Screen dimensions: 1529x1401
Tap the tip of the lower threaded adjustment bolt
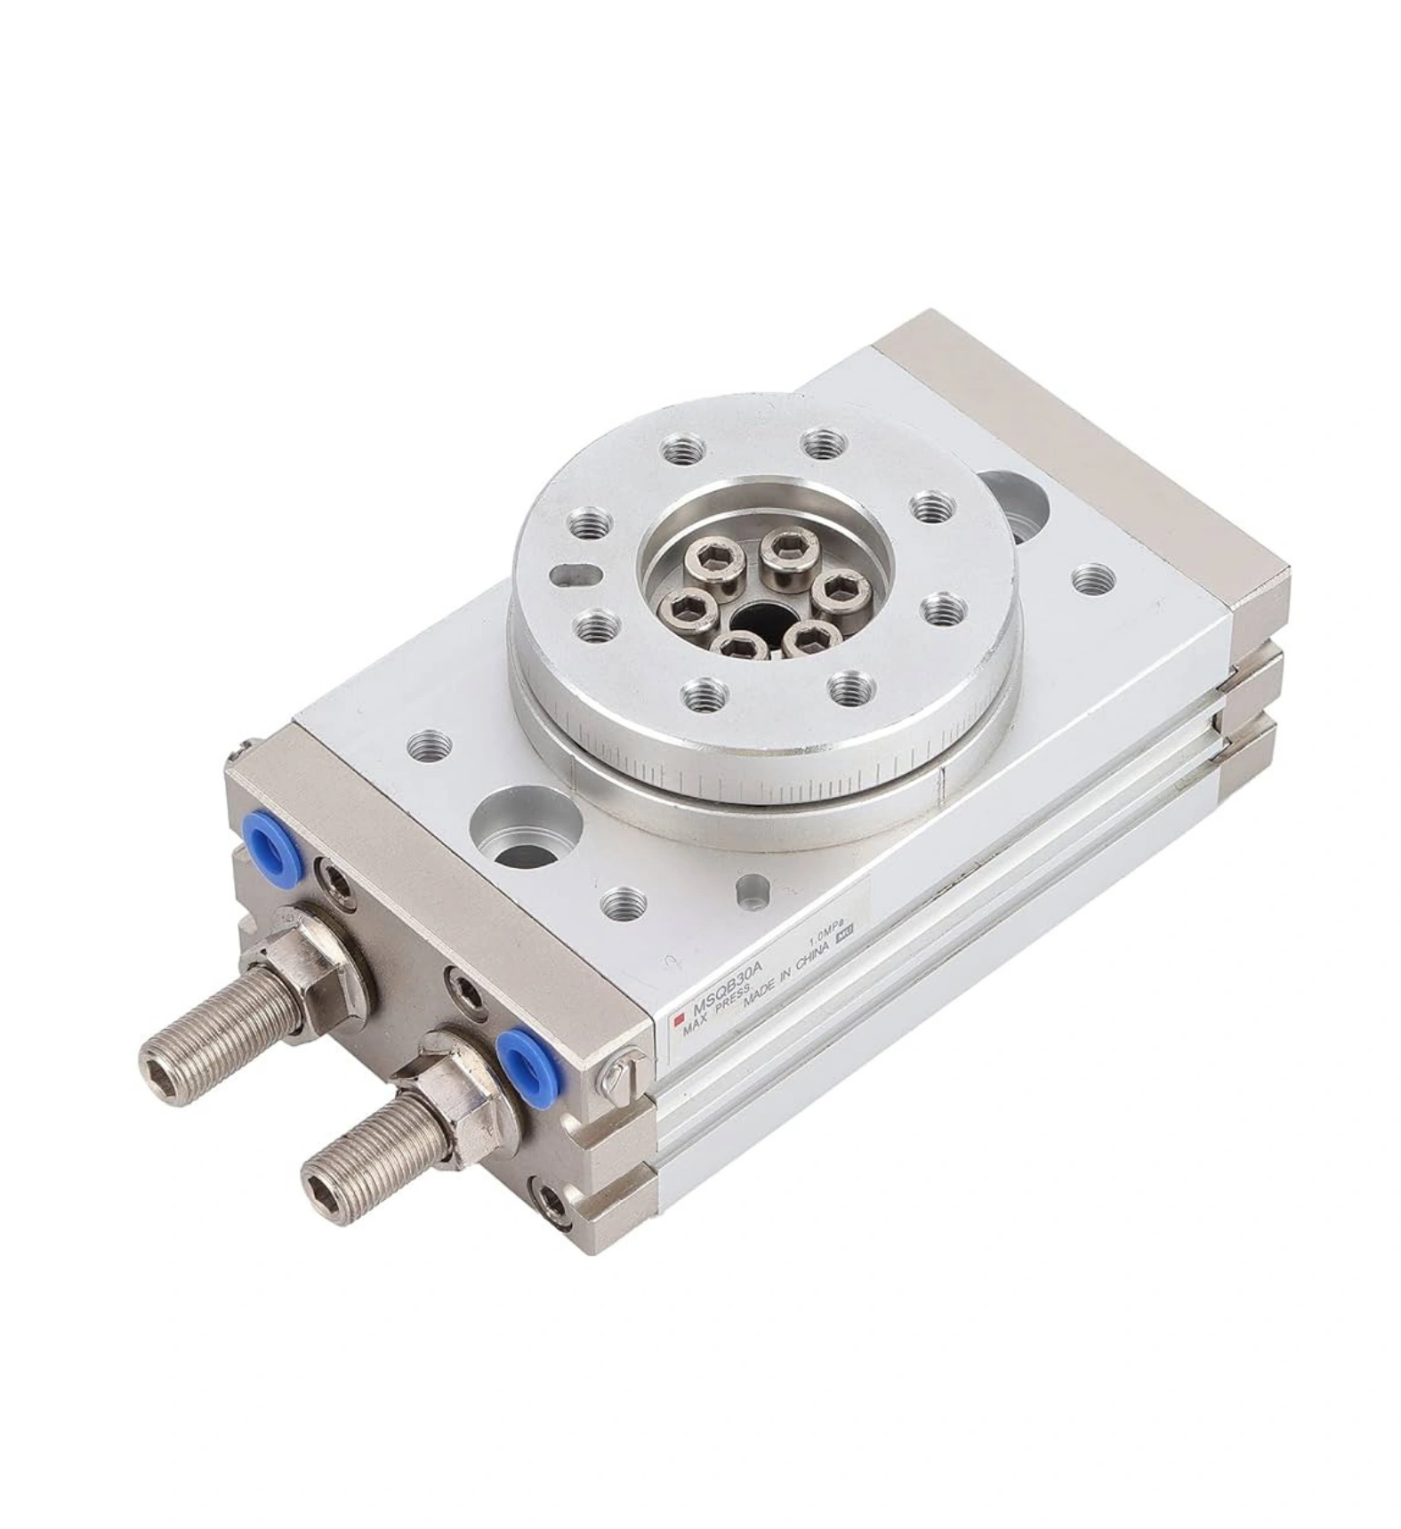point(318,1186)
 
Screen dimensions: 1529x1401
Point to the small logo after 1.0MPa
point(848,931)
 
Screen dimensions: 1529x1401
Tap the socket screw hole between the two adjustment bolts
point(463,990)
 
